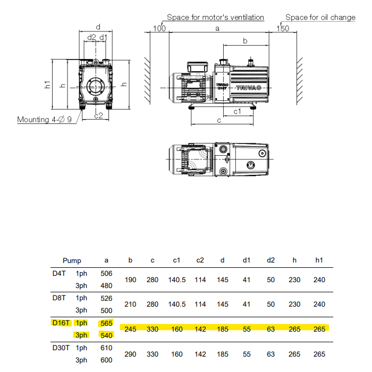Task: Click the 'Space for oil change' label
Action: (x=320, y=18)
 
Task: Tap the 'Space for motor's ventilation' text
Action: (x=215, y=18)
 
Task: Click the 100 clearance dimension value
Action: (x=159, y=28)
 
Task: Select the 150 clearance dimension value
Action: (x=283, y=28)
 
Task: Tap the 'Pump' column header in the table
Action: (x=72, y=260)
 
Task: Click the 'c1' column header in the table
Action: (x=177, y=260)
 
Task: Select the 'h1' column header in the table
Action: (x=319, y=260)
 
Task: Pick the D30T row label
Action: (x=60, y=348)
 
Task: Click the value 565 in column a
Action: (x=106, y=323)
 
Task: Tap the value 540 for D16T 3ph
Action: (x=106, y=335)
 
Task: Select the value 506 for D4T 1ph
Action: (x=106, y=273)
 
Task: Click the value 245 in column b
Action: (x=131, y=329)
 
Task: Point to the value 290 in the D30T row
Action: (x=131, y=354)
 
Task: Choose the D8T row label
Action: (x=58, y=298)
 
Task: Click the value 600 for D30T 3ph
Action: (x=106, y=360)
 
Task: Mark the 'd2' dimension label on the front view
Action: (x=91, y=38)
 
